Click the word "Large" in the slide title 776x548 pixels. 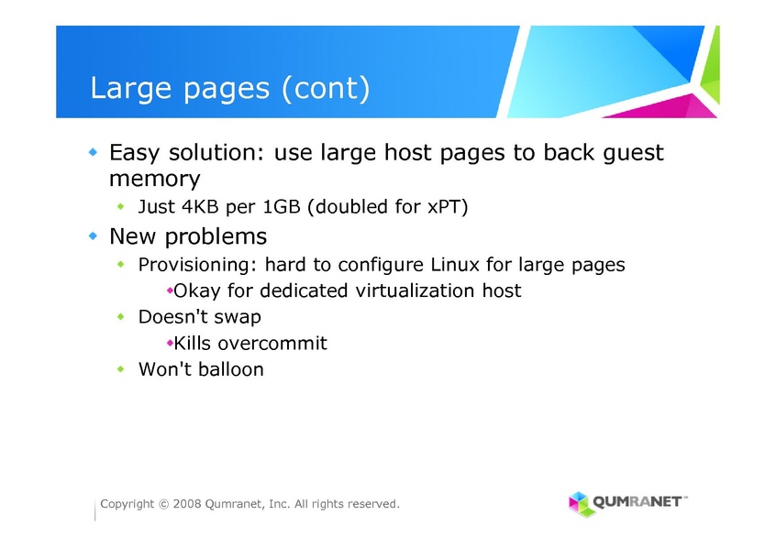pos(130,89)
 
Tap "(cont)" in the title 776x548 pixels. pos(326,89)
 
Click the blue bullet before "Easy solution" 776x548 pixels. pos(93,152)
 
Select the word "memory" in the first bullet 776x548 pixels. pos(154,179)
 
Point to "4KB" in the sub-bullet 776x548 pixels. pos(200,207)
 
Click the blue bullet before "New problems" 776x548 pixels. pos(93,236)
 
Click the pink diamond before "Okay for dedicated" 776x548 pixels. pos(170,290)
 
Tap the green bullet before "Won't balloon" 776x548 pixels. pos(121,369)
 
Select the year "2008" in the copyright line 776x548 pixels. pos(186,504)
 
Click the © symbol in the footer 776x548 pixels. pos(164,505)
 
